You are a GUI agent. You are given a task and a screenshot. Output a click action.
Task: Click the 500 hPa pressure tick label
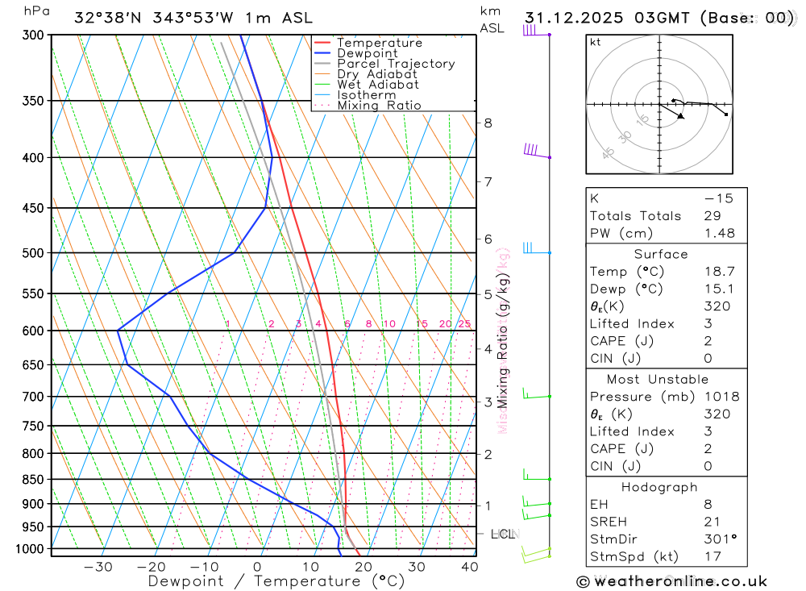tap(34, 253)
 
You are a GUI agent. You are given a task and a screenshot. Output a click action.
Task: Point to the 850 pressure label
tap(34, 480)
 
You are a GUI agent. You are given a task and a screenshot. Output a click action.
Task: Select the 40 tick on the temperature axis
tap(468, 567)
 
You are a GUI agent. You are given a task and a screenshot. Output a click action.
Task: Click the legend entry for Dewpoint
tap(367, 53)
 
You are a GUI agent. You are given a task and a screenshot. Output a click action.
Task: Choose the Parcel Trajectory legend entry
tap(395, 64)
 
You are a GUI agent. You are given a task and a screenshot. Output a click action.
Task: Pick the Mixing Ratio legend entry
tap(379, 106)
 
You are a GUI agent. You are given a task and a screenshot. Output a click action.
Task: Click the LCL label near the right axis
tap(503, 534)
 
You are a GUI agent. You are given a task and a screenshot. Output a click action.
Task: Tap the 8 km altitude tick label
tap(488, 123)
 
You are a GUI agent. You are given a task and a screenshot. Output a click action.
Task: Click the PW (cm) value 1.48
tap(718, 233)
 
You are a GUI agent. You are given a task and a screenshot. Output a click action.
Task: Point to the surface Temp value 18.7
tap(718, 272)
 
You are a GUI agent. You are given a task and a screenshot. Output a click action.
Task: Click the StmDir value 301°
tap(718, 539)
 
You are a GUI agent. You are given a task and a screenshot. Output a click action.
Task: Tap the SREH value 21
tap(712, 522)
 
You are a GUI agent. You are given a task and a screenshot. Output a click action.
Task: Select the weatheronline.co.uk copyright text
tap(671, 581)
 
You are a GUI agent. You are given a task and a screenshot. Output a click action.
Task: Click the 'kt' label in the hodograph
tap(595, 42)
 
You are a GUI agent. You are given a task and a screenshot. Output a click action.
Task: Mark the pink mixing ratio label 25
tap(464, 324)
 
